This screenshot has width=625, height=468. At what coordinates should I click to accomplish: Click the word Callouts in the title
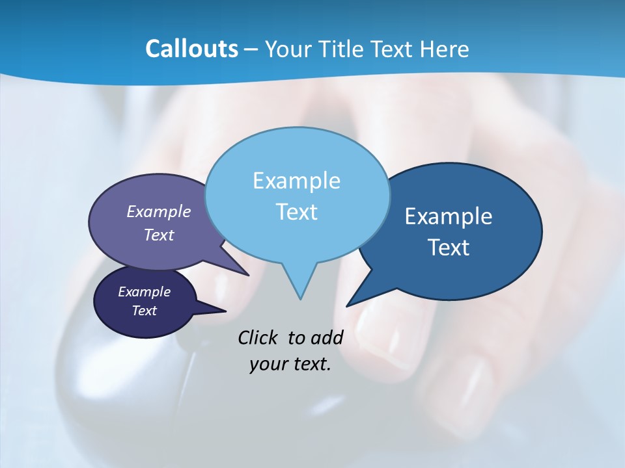191,49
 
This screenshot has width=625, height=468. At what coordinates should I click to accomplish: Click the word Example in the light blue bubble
296,181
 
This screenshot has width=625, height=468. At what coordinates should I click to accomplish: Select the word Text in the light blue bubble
296,212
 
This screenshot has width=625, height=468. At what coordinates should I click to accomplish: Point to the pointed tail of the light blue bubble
300,298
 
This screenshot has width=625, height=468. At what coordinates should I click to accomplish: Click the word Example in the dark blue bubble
449,216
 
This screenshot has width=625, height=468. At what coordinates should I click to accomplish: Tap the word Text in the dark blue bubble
449,248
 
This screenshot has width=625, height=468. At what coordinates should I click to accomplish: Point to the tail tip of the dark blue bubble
348,305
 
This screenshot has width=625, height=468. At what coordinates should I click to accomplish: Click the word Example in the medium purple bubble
159,211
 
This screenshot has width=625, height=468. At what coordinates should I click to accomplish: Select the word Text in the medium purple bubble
159,235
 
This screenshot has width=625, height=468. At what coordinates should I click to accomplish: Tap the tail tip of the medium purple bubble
247,274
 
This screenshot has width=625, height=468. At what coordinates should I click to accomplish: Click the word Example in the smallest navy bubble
144,292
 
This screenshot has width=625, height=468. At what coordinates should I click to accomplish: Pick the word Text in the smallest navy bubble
144,311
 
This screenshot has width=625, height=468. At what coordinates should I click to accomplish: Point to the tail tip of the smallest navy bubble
225,311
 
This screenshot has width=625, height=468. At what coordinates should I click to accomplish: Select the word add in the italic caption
326,337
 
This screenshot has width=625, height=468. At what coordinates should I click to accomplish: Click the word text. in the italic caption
310,365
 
